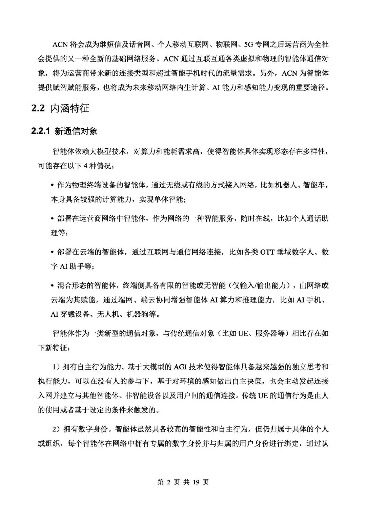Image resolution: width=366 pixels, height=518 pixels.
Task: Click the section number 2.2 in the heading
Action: click(38, 109)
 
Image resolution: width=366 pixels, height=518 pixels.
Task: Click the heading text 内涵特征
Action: click(70, 109)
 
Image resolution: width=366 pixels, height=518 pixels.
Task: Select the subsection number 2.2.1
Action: click(41, 131)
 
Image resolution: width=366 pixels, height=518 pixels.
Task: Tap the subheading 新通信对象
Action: click(76, 131)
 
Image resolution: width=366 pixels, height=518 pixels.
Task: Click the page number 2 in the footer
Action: click(170, 482)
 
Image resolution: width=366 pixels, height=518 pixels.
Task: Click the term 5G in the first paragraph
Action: click(244, 44)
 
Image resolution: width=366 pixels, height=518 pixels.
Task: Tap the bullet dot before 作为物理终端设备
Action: click(52, 185)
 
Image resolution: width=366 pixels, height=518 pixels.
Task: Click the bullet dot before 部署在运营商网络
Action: click(52, 219)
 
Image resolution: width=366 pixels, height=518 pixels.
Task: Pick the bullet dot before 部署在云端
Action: click(52, 252)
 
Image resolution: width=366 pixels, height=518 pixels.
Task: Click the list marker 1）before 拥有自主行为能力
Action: click(56, 367)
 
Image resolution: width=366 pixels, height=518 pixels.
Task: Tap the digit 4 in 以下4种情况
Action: click(85, 166)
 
